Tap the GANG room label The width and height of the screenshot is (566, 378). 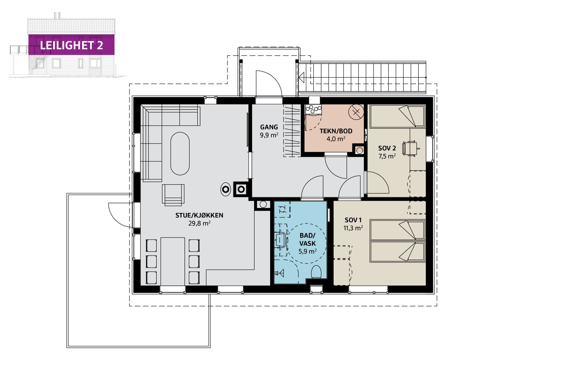[269, 127]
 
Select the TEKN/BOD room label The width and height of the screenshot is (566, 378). [336, 131]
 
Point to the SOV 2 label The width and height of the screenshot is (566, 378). [387, 148]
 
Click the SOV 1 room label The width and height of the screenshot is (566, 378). [353, 220]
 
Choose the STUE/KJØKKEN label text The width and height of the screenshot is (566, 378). [200, 215]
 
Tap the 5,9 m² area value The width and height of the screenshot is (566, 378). [307, 252]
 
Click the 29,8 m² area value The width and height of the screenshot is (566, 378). [200, 224]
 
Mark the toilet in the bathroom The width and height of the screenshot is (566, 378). [316, 272]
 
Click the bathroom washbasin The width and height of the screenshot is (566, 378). [281, 240]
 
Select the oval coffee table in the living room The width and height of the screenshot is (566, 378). [180, 154]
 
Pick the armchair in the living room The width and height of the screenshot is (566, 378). [173, 195]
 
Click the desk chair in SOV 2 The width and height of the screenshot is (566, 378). [410, 148]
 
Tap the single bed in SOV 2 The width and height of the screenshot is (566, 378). [398, 117]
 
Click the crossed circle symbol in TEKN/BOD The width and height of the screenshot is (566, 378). [356, 112]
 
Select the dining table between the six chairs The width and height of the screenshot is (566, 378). [173, 261]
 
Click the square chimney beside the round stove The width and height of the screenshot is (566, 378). [241, 189]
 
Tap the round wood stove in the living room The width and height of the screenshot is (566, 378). [226, 189]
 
